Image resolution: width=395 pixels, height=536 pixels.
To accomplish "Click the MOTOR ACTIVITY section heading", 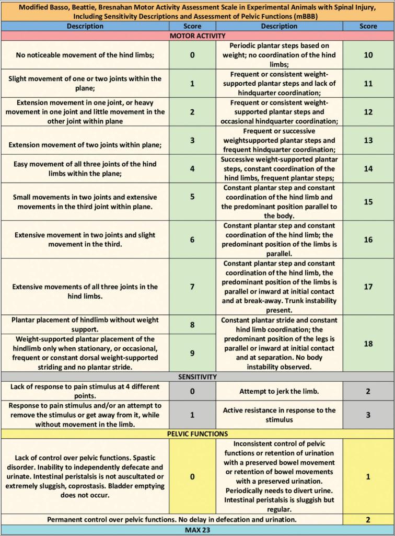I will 197,36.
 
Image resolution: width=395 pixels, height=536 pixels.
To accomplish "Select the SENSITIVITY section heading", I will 197,377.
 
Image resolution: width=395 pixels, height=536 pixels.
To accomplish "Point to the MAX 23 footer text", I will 197,530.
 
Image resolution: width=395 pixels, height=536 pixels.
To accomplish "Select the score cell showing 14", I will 368,169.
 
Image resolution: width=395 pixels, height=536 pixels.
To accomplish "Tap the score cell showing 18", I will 368,343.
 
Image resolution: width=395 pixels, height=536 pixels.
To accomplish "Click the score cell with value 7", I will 192,287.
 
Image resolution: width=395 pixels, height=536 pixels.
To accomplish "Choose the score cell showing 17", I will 368,287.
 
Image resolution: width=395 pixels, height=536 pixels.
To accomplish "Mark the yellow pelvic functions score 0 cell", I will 192,476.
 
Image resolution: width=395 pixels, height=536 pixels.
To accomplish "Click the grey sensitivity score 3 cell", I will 368,415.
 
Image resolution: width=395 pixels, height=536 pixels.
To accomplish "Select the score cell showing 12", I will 368,112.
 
